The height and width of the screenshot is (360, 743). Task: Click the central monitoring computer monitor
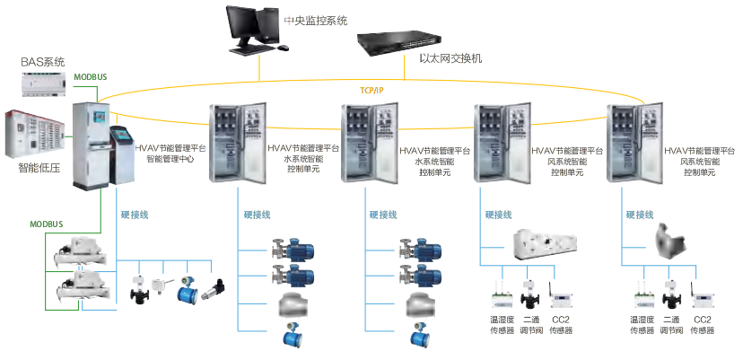coord(248,25)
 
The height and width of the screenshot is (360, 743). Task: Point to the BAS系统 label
coord(43,62)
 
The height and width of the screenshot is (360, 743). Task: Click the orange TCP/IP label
coord(371,91)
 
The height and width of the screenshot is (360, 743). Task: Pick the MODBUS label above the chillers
coord(51,223)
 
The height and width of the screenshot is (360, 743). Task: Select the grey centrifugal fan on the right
coord(672,241)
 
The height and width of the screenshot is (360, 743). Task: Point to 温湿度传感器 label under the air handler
coord(502,325)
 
